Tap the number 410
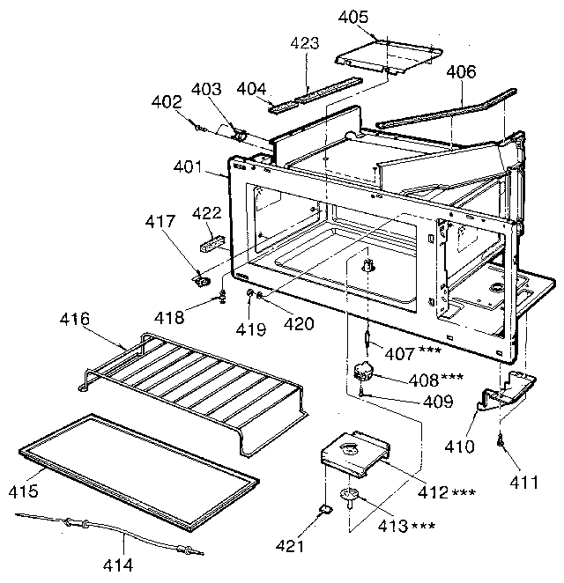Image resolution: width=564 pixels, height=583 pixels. click(459, 446)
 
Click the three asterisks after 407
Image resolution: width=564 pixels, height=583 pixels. click(430, 351)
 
